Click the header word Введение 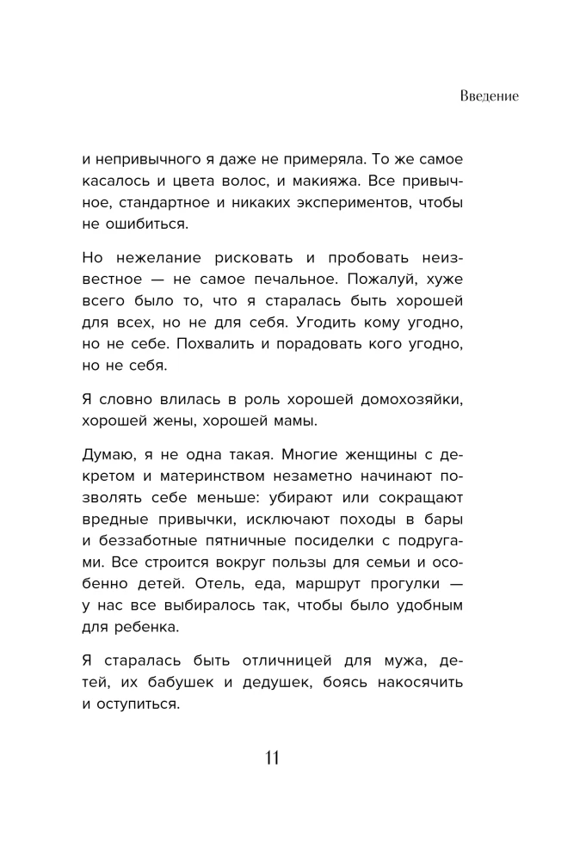click(488, 95)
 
